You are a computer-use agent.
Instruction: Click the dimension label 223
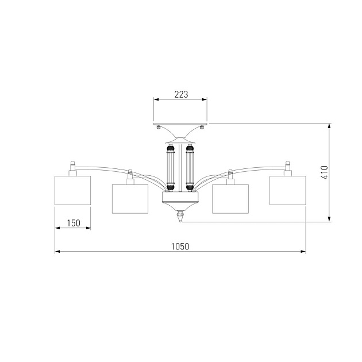click(181, 94)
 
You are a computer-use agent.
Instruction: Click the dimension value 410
click(325, 172)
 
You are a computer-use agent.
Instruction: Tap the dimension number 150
click(74, 223)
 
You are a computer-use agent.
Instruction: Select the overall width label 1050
click(180, 247)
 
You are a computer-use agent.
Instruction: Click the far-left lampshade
click(73, 190)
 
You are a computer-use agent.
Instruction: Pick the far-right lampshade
click(288, 190)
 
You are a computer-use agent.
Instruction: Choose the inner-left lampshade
click(130, 199)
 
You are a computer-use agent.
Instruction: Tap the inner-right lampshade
click(230, 199)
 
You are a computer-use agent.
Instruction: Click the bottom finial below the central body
click(180, 216)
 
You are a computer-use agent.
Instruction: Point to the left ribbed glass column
click(171, 168)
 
